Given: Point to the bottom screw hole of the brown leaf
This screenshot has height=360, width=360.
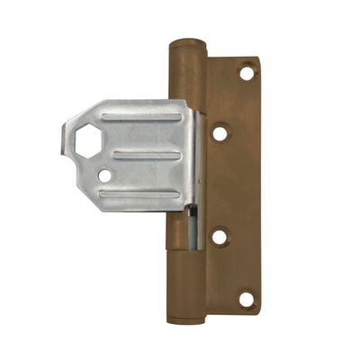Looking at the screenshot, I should pos(246,297).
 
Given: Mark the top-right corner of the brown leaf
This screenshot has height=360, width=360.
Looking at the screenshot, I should pos(256,59).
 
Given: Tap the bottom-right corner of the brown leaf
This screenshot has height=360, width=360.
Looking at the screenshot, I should pos(257,311).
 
